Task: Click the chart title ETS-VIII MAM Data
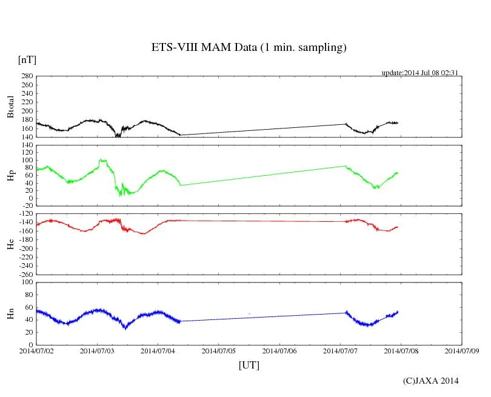pyautogui.click(x=249, y=48)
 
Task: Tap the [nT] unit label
pyautogui.click(x=27, y=60)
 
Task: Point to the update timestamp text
pyautogui.click(x=419, y=73)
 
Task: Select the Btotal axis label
pyautogui.click(x=10, y=106)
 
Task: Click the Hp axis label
pyautogui.click(x=10, y=175)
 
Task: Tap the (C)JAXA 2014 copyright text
pyautogui.click(x=430, y=381)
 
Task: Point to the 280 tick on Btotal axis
pyautogui.click(x=25, y=76)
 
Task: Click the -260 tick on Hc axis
pyautogui.click(x=24, y=275)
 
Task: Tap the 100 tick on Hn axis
pyautogui.click(x=25, y=282)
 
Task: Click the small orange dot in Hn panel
pyautogui.click(x=249, y=313)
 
